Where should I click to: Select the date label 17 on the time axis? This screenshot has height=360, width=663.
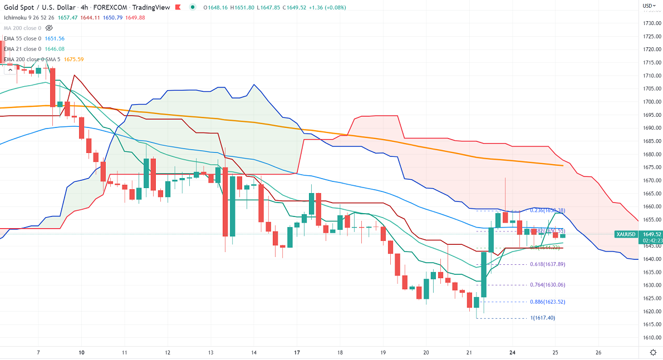(297, 352)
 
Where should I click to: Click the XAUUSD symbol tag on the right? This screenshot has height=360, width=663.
(626, 234)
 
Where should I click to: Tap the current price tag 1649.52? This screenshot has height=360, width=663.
(651, 234)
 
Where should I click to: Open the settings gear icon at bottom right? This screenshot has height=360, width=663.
(653, 352)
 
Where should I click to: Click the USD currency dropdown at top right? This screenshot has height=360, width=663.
(648, 6)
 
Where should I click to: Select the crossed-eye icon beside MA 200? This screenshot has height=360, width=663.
(49, 28)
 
